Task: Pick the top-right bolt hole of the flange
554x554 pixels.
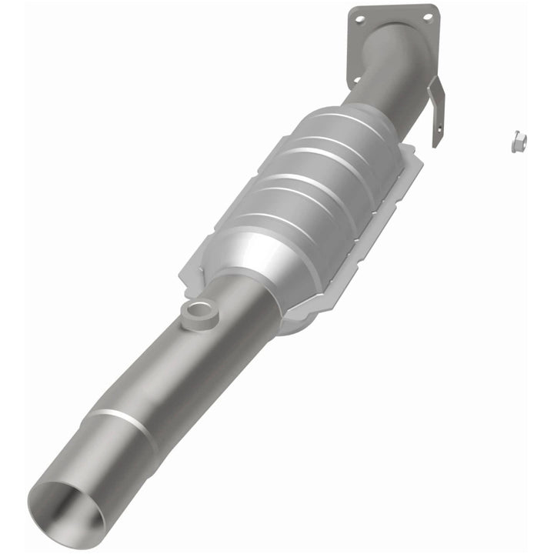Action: pos(428,16)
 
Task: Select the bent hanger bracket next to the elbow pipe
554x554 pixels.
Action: pos(436,112)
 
